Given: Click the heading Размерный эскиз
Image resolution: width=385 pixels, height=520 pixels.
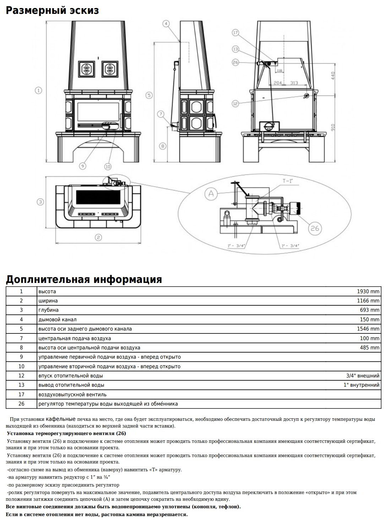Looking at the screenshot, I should pos(52,11).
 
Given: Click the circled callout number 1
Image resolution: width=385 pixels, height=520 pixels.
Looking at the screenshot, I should pos(38,90).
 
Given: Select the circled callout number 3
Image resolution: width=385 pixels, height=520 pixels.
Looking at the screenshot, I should pos(40,202).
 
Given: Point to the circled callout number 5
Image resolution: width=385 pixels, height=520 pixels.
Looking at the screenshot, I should pos(149,95).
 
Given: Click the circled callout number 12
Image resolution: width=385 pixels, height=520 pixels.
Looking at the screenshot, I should pos(235,103).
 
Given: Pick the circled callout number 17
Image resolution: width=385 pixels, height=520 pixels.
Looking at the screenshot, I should pos(235,33).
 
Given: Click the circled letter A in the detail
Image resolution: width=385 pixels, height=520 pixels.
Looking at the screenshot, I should pos(211,194).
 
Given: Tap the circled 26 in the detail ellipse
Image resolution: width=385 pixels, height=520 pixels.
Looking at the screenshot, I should pos(315,228).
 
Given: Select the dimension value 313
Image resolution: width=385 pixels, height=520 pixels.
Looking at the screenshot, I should pos(294,83).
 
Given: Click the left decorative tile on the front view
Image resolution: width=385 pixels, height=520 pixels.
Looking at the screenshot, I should pos(86,69).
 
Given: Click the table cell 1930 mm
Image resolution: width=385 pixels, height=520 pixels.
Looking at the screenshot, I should pos(368,291).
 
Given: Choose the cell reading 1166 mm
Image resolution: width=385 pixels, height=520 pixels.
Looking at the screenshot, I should pos(368,301).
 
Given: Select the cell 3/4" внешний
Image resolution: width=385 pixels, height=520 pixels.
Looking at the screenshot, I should pos(363,376).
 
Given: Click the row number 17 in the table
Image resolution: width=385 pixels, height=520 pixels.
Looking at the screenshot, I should pos(21,395).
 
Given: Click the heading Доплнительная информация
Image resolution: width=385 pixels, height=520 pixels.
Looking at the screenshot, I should pos(84,279).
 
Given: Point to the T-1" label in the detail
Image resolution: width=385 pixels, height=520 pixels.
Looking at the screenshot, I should pos(288,181).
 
